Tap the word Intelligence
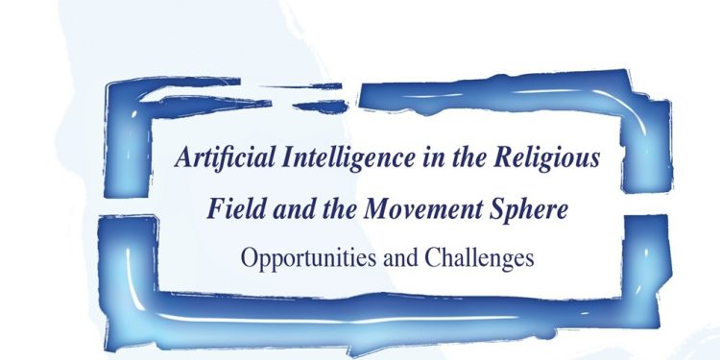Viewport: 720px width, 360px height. pos(329,158)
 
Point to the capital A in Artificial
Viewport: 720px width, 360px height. pos(181,158)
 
